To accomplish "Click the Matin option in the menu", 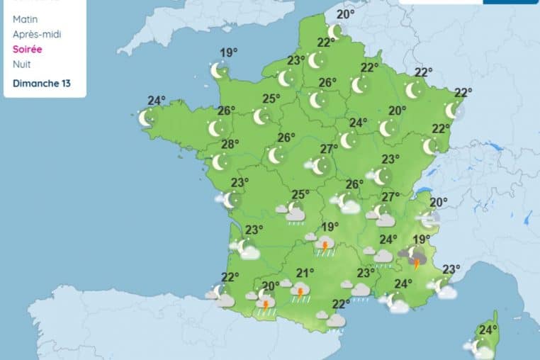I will point(26,19).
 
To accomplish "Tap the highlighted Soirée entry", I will point(28,50).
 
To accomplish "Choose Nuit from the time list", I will point(21,64).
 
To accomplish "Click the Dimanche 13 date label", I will point(41,83).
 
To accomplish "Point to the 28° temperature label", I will point(230,144).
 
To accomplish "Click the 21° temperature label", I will point(305,274).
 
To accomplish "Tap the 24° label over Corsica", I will point(487,330).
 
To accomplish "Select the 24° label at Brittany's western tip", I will point(156,101).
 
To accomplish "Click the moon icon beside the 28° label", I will point(219,162).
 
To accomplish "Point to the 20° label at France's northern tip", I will point(345,14).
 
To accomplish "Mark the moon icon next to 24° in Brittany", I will point(145,118).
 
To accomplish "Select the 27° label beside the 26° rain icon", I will point(390,197).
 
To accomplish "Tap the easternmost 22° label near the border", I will point(463,92).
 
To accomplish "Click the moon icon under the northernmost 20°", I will point(335,32).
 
